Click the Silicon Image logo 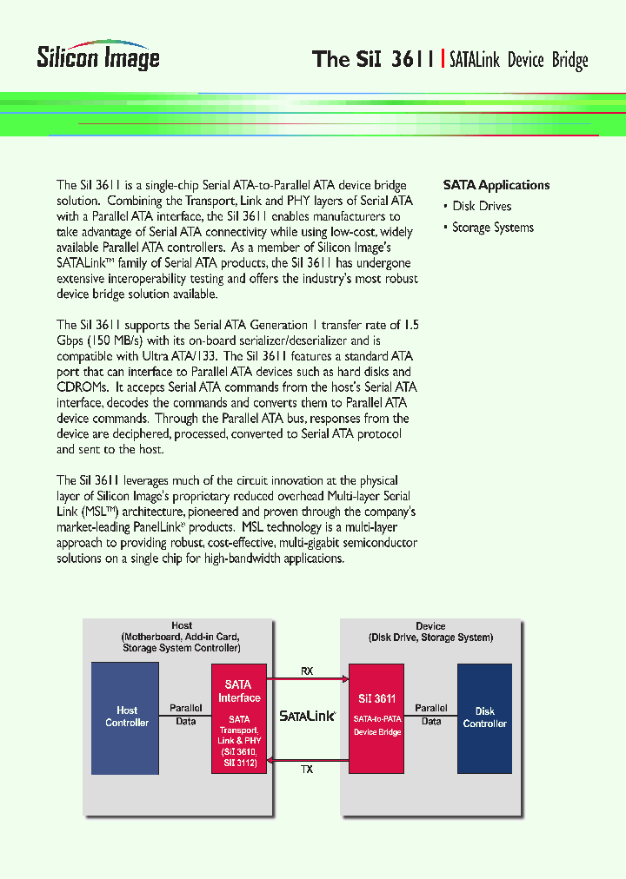[98, 56]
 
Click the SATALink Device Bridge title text [519, 60]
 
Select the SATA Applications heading [496, 185]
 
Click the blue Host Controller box [126, 717]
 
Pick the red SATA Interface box [239, 717]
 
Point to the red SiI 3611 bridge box [376, 717]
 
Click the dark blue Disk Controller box [484, 717]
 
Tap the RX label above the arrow [307, 671]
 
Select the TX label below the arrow [307, 770]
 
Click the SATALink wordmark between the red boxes [307, 717]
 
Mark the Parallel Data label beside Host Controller [185, 715]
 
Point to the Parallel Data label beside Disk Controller [431, 715]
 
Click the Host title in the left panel [182, 625]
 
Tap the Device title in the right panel [430, 626]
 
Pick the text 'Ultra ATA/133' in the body [181, 356]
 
